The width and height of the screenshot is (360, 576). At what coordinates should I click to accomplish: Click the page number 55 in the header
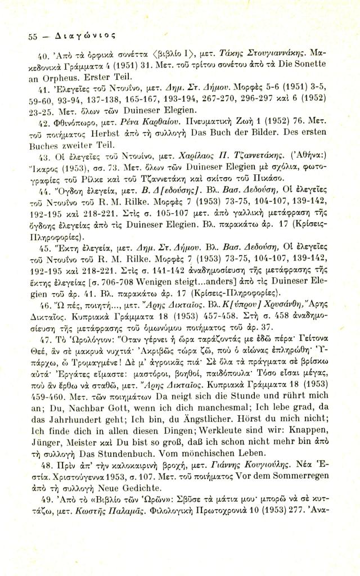[33, 35]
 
